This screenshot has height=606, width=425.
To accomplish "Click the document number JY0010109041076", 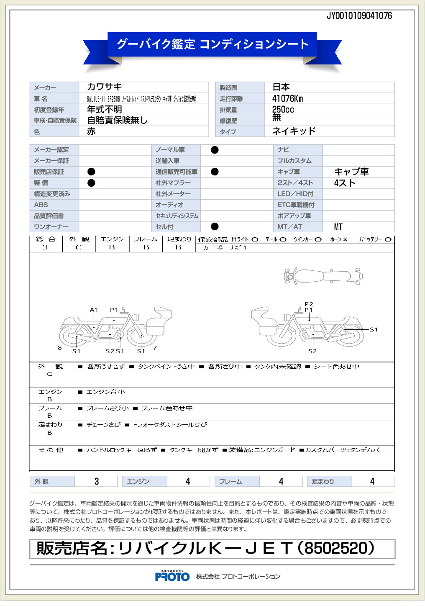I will coord(359,16).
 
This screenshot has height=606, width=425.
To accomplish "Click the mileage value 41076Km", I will coord(287,99).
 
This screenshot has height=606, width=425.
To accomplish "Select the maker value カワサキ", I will coord(104,87).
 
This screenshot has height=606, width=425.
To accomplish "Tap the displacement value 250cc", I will coord(283,110).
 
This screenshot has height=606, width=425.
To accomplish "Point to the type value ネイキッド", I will coord(294,131).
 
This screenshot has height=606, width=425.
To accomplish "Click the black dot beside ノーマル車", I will coord(215,150).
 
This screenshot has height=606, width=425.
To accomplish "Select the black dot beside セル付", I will coord(215,227).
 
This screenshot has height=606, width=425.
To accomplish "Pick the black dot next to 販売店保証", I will coord(91,172).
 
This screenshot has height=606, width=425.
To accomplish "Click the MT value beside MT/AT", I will coord(338,227).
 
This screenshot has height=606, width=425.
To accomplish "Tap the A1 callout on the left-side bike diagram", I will coord(94,310).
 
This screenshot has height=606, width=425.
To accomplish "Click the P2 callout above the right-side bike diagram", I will coord(309,304).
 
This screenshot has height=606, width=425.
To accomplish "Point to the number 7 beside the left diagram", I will coord(155,348).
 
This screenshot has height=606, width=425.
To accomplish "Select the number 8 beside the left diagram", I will coord(60,348).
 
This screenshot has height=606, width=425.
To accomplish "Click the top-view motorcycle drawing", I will coord(323,276).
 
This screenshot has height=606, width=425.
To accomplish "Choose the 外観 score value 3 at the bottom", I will coord(97,482).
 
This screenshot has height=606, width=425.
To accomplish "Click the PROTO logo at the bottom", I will coord(172,577).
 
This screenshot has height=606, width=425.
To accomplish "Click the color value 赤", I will coord(91,131).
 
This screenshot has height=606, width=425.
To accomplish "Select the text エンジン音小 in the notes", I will coord(105,392).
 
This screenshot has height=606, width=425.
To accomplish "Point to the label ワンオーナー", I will coord(51,227).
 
